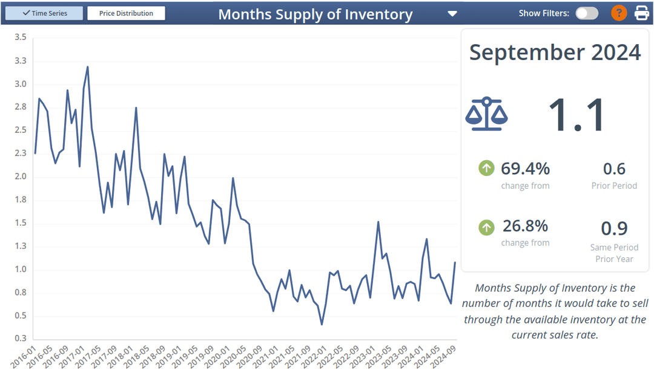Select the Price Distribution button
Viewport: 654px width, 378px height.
(x=126, y=13)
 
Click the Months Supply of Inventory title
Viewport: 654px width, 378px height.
(x=315, y=14)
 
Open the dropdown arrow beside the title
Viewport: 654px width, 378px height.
(x=452, y=14)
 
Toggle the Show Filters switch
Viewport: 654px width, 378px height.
(x=586, y=13)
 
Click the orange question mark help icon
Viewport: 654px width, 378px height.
(x=619, y=13)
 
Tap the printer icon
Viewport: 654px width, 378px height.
(x=642, y=13)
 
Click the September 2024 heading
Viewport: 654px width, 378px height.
(x=555, y=53)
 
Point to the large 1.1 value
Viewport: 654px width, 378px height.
(x=576, y=115)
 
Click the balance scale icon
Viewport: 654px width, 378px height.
(x=486, y=114)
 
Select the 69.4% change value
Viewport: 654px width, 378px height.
(x=525, y=168)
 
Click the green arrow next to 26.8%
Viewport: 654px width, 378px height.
(x=486, y=228)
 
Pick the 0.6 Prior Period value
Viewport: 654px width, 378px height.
(x=614, y=169)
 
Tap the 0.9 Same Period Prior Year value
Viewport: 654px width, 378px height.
(x=614, y=229)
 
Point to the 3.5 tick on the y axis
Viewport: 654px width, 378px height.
(x=20, y=38)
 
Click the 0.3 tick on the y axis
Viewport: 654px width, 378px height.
(x=20, y=339)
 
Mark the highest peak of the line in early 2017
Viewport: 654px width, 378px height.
(x=88, y=67)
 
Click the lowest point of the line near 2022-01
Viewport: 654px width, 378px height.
(x=322, y=325)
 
